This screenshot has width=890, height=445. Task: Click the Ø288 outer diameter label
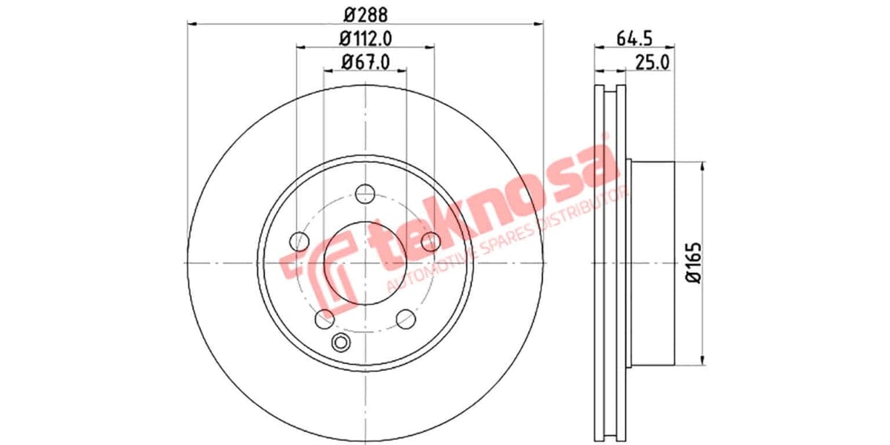[365, 13]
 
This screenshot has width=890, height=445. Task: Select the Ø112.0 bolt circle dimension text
[365, 38]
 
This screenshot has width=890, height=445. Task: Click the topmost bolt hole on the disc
[364, 194]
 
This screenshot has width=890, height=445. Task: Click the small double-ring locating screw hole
[341, 342]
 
